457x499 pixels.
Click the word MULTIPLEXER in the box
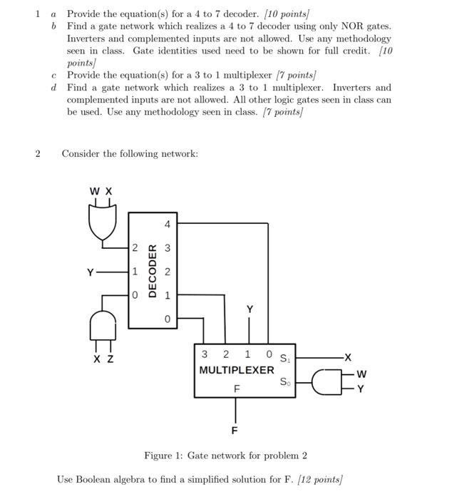236,370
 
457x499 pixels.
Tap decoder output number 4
168,224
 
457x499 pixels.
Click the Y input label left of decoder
90,272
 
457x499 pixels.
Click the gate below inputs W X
101,221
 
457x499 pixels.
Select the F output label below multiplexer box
235,431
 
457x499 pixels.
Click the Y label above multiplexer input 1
249,309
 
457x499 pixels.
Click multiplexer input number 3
205,354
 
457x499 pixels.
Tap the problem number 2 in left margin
38,153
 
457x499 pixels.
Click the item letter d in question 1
54,88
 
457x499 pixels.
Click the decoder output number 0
168,319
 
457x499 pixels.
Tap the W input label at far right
361,374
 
